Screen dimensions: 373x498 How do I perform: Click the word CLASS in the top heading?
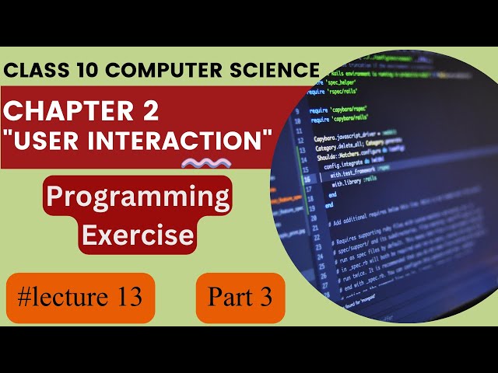(33, 71)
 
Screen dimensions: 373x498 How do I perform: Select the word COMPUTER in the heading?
(155, 71)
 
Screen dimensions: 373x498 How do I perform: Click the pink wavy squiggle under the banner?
(205, 163)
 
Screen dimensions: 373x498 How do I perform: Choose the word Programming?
(138, 197)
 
